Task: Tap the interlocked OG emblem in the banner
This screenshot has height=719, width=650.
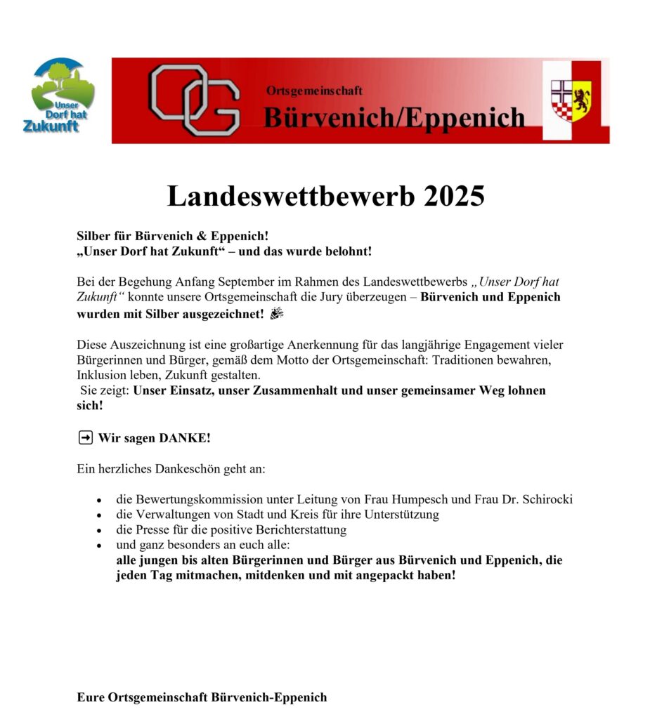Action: pos(194,100)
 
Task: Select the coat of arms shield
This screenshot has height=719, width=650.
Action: pos(571,100)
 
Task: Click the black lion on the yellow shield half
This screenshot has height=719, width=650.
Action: pos(581,99)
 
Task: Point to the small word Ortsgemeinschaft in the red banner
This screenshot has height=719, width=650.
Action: pos(314,91)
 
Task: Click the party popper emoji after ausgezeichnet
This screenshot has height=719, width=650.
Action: pos(275,313)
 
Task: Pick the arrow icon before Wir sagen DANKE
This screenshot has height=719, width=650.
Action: pos(84,438)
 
